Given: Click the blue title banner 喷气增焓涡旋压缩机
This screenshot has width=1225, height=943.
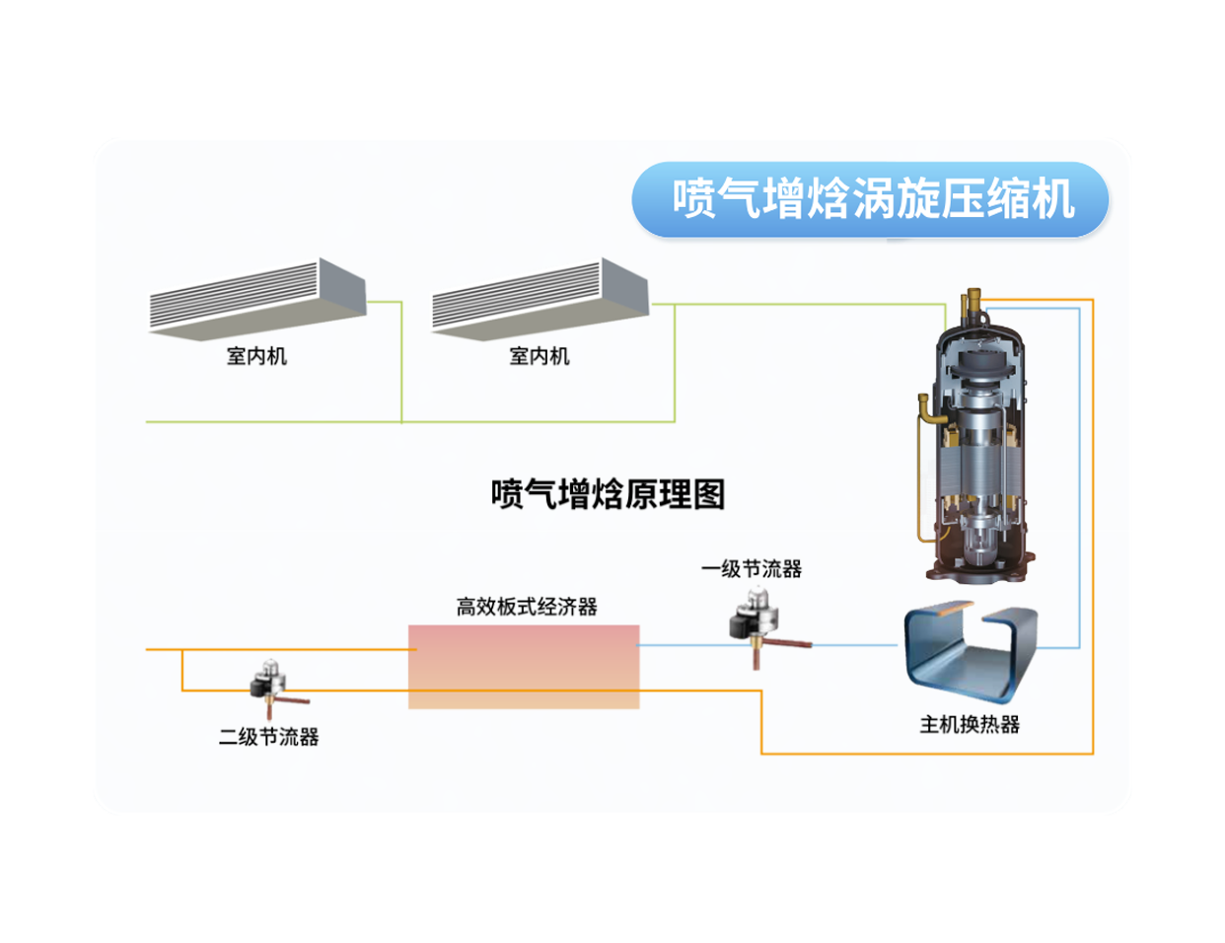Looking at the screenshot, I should click(x=871, y=199).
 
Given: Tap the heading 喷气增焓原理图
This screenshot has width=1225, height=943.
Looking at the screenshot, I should click(x=608, y=494).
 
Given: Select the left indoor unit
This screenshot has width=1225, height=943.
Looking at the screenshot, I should click(x=258, y=298).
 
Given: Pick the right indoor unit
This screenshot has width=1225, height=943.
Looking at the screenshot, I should click(x=540, y=298).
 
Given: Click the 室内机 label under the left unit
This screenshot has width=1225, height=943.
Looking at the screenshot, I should click(x=256, y=356).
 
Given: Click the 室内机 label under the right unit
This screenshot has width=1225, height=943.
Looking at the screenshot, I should click(x=540, y=356).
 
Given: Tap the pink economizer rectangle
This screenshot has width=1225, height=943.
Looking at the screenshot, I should click(x=524, y=666).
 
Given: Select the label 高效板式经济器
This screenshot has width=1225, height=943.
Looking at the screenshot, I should click(x=527, y=607).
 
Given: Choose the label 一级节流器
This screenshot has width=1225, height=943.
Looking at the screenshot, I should click(x=752, y=569).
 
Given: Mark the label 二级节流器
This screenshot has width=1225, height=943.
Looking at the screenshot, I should click(x=268, y=737).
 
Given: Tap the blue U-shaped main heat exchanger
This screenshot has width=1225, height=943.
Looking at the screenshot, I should click(x=971, y=651).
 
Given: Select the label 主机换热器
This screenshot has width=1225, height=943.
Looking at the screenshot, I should click(x=970, y=725).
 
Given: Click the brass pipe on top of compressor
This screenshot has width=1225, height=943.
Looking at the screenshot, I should click(x=973, y=301).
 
